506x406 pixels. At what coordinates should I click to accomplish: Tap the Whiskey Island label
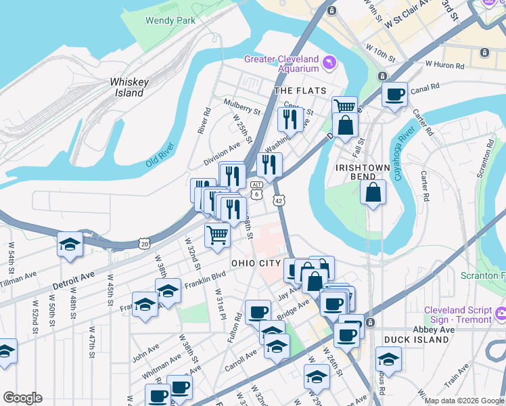[129, 87]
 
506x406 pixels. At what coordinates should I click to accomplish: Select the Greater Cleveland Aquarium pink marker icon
[329, 64]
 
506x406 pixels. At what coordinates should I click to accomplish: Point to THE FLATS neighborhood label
[300, 91]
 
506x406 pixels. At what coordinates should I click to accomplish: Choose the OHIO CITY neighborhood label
[256, 263]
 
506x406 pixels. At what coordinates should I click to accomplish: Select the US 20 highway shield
[144, 243]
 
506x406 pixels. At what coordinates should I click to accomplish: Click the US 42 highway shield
[279, 201]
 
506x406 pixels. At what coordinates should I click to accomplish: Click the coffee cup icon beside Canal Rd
[394, 94]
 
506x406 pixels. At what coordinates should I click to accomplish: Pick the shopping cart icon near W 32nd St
[217, 235]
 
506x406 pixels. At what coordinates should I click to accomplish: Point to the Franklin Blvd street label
[210, 275]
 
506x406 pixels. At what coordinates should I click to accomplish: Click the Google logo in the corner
[22, 398]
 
